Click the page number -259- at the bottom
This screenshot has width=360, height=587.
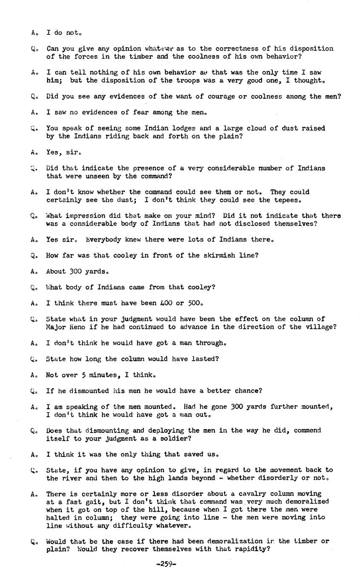[166, 564]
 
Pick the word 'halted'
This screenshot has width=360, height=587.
[58, 518]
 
